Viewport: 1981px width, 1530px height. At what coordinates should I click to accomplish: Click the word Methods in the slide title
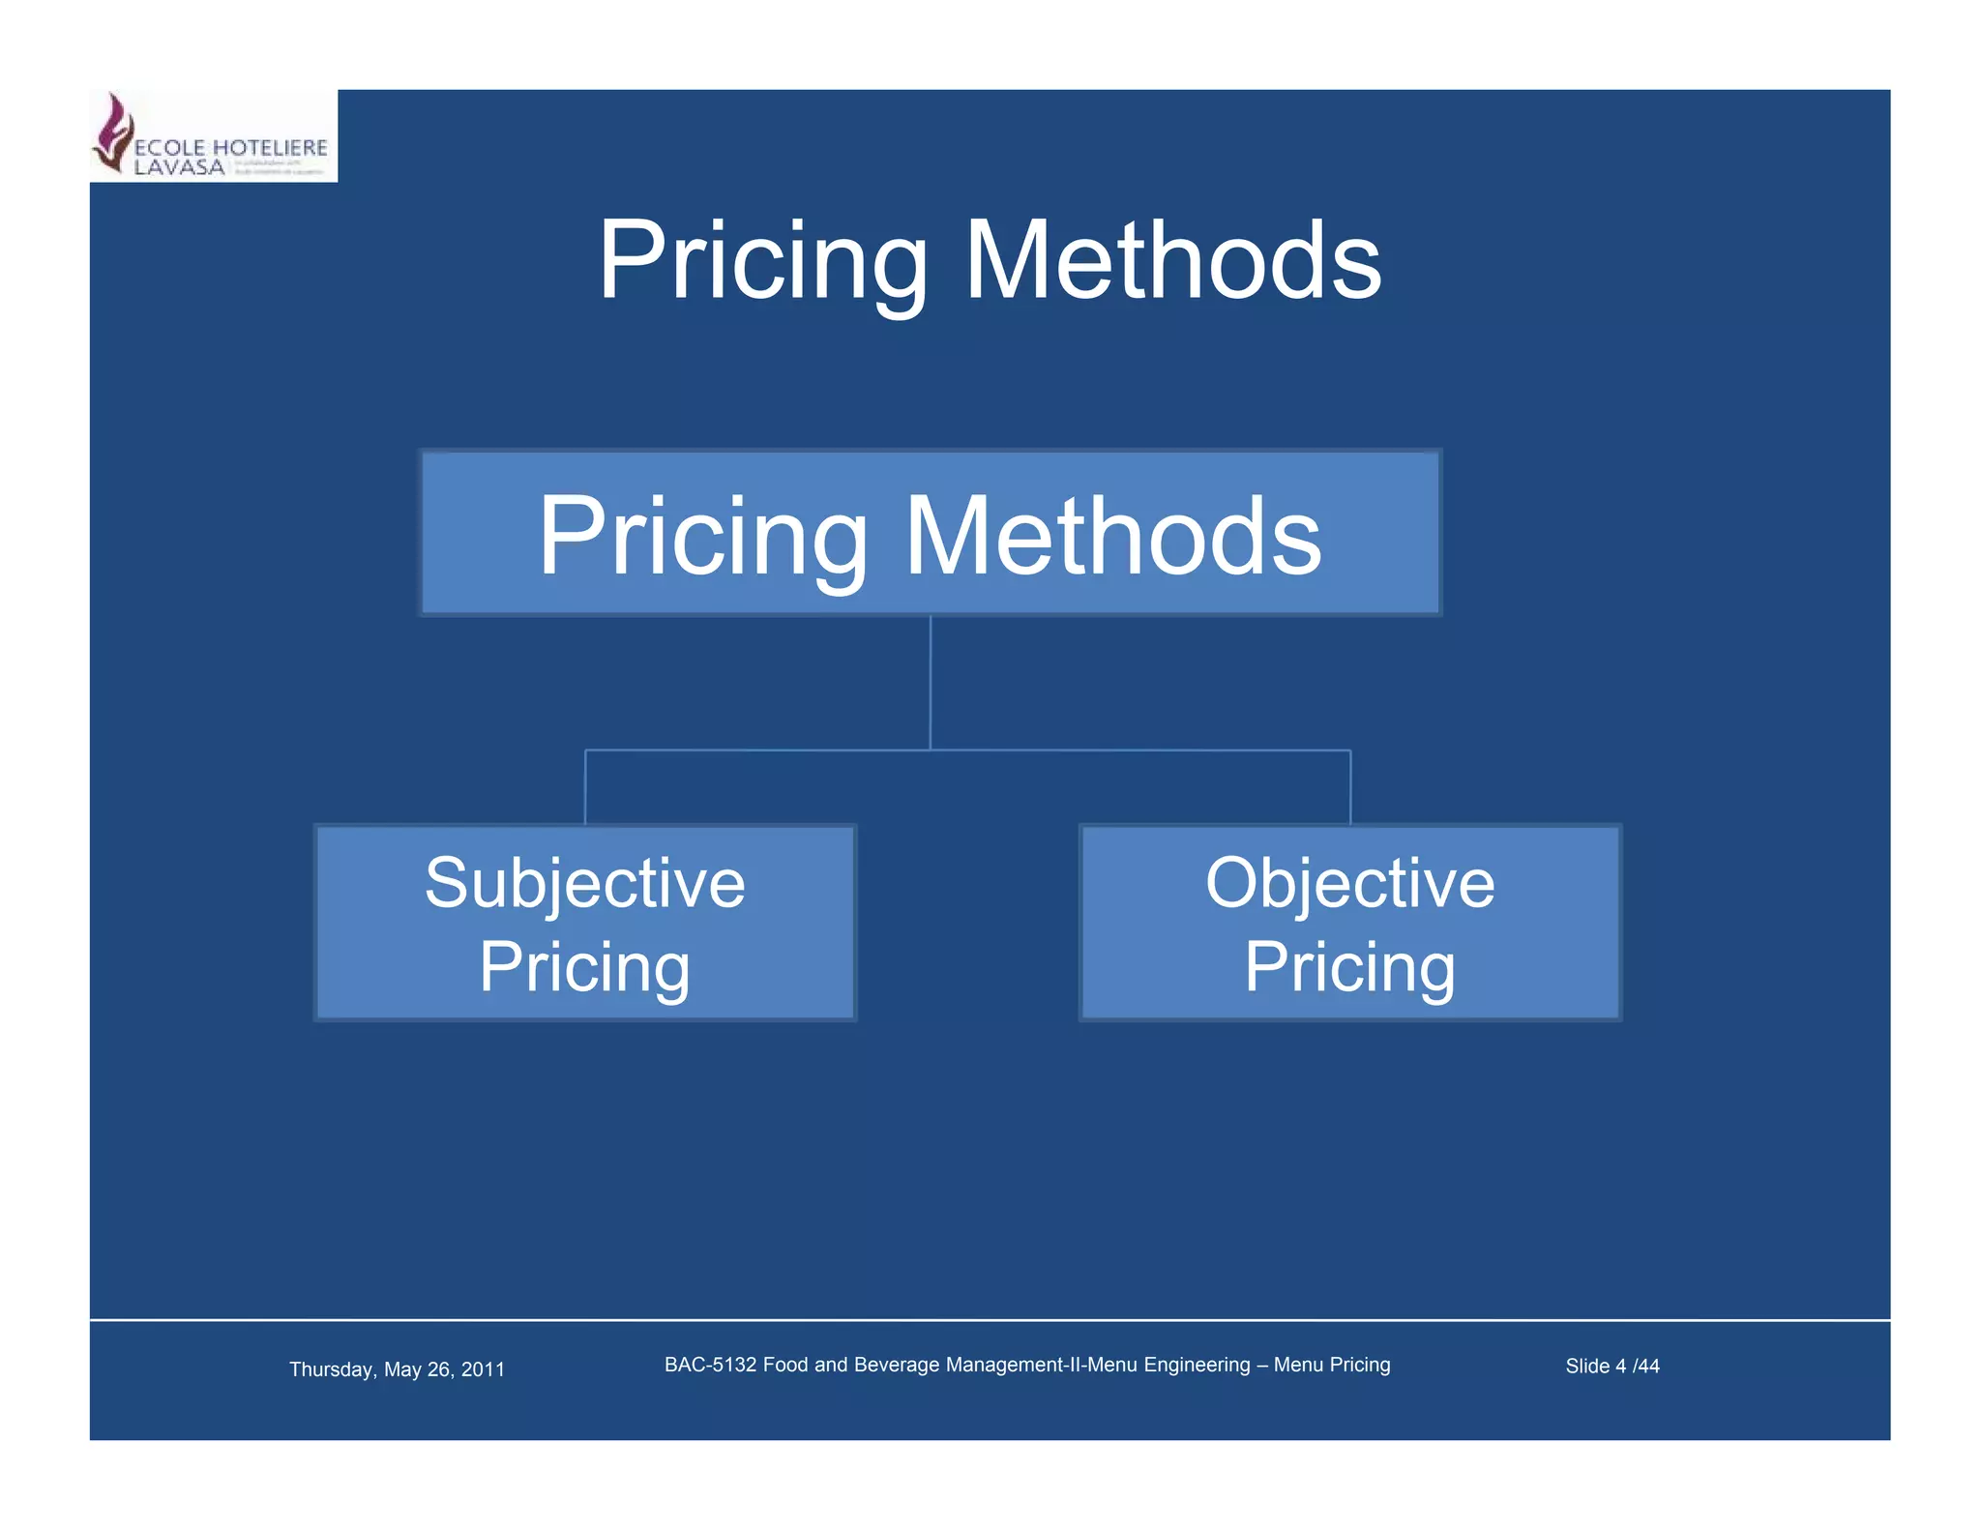coord(1172,261)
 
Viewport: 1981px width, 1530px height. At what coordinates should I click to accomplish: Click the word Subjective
coord(585,883)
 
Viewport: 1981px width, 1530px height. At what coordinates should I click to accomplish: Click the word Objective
coord(1349,883)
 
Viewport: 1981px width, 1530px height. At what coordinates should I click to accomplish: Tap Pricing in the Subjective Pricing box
coord(585,966)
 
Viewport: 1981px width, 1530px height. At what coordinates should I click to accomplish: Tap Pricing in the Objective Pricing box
coord(1349,966)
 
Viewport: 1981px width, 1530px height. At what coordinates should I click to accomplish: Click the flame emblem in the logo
coord(114,132)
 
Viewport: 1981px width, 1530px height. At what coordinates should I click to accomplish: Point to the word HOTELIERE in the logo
coord(270,148)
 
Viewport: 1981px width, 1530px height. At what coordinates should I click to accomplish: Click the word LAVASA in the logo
coord(179,166)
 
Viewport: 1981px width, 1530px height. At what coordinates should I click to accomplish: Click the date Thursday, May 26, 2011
coord(397,1369)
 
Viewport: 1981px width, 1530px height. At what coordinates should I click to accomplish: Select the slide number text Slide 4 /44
coord(1611,1366)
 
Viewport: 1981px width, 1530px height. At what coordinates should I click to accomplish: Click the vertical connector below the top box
coord(931,682)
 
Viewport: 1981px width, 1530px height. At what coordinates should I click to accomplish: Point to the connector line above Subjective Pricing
coord(585,786)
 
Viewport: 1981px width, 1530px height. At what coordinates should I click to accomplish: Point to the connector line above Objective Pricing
coord(1350,786)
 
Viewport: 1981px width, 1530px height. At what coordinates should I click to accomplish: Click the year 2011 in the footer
coord(483,1369)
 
